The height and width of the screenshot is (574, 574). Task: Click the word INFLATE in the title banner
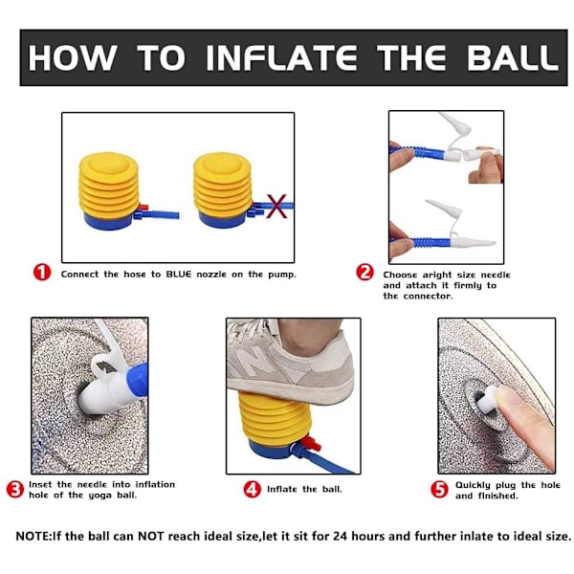point(281,57)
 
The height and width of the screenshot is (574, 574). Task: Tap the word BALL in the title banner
point(513,57)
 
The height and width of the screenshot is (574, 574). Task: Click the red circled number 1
point(42,273)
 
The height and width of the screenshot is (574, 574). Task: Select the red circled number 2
point(365,273)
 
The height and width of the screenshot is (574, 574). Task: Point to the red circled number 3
point(15,490)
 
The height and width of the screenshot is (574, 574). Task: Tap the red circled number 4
point(253,490)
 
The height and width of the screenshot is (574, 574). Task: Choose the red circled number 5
point(439,490)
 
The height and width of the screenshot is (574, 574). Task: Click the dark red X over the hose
point(276,207)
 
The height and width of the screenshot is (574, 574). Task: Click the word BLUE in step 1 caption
point(179,275)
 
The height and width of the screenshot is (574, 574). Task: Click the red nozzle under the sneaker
point(312,443)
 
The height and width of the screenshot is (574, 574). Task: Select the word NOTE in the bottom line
point(33,537)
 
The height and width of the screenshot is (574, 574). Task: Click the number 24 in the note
point(341,537)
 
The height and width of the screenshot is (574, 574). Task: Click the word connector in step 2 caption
point(428,297)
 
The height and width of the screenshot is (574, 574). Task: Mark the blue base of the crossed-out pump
point(223,221)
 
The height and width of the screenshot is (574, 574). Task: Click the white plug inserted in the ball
point(485,400)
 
